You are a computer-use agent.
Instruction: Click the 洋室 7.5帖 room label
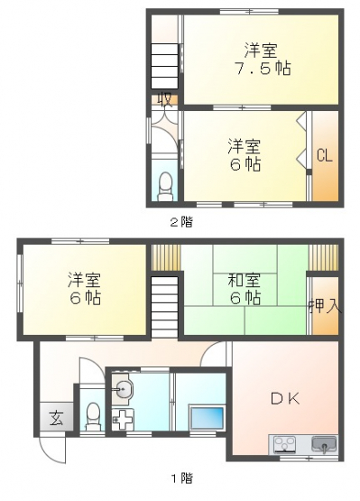coord(263,59)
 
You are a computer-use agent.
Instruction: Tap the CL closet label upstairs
coord(325,156)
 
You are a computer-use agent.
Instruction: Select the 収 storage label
coord(166,99)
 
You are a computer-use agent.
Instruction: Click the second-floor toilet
coord(165,186)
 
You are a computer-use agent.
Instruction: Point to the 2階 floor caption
coord(181,222)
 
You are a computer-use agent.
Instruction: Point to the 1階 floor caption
coord(182,478)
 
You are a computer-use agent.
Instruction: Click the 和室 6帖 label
coord(245,289)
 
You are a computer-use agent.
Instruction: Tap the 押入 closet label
coord(326,306)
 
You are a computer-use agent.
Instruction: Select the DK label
coord(285,398)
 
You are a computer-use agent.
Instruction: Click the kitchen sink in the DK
coord(324,444)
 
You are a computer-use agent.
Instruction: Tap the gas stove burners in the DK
coord(285,444)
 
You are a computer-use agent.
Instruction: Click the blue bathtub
coord(207,418)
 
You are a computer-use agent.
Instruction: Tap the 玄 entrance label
coord(56,418)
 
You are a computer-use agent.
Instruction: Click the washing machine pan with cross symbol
coord(123,419)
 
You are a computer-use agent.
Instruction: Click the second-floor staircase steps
coord(164,66)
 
